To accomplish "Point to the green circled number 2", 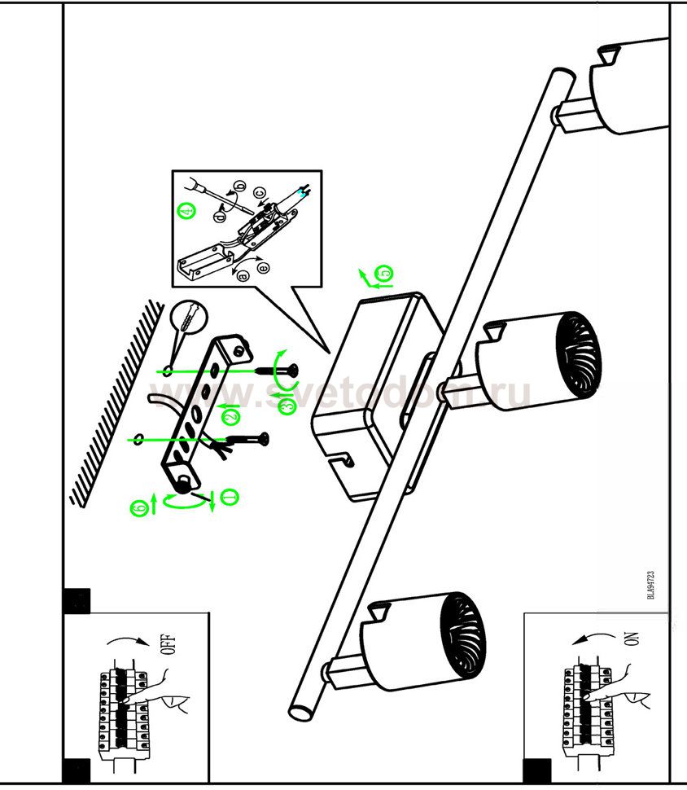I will click(230, 416).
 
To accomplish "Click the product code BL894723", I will click(651, 584).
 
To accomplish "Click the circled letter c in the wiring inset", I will click(260, 194).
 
